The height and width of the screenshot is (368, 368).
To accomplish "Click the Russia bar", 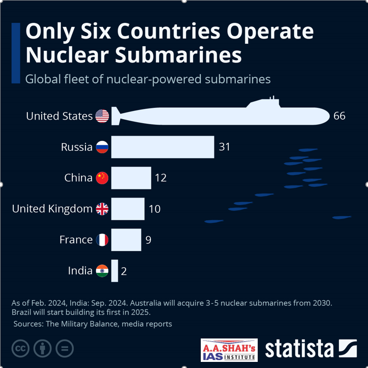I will pyautogui.click(x=163, y=147).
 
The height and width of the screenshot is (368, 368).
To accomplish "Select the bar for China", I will pyautogui.click(x=131, y=178).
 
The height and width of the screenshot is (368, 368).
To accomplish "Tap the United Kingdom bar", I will pyautogui.click(x=128, y=209).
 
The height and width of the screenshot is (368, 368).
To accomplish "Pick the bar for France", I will pyautogui.click(x=126, y=240).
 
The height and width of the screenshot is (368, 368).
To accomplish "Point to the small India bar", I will pyautogui.click(x=114, y=271).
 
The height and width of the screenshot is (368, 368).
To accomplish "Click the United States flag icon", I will pyautogui.click(x=102, y=116).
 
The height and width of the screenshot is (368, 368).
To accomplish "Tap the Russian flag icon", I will pyautogui.click(x=102, y=147).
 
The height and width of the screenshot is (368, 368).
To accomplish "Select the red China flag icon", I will pyautogui.click(x=102, y=178).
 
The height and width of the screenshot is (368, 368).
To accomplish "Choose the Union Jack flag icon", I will pyautogui.click(x=102, y=209).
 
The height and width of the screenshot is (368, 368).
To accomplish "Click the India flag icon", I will pyautogui.click(x=102, y=271).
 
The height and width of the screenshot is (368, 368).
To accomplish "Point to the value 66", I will pyautogui.click(x=340, y=116).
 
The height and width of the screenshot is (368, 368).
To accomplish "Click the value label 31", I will pyautogui.click(x=225, y=147).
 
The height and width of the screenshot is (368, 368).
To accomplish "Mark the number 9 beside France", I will pyautogui.click(x=148, y=240).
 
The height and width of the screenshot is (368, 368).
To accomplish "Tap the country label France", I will pyautogui.click(x=76, y=240).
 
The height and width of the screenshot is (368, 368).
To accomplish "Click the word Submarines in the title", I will pyautogui.click(x=183, y=54).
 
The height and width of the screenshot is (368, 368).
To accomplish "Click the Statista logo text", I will pyautogui.click(x=299, y=349).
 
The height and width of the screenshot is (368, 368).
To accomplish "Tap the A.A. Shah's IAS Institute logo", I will pyautogui.click(x=229, y=350).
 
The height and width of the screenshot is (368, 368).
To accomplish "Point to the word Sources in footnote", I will pyautogui.click(x=31, y=324).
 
